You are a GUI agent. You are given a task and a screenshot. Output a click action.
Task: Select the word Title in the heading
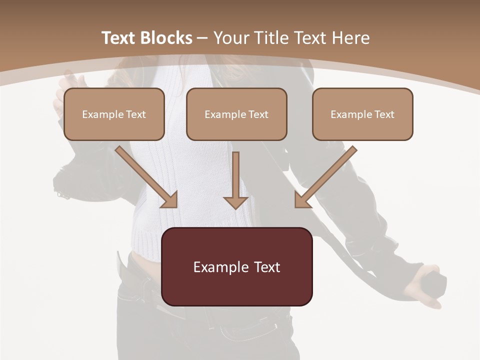(274, 38)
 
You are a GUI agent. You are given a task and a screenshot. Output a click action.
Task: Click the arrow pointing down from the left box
(147, 177)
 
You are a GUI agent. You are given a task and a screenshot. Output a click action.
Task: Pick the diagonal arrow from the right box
(325, 177)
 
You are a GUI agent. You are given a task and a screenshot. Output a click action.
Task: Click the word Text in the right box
(384, 114)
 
